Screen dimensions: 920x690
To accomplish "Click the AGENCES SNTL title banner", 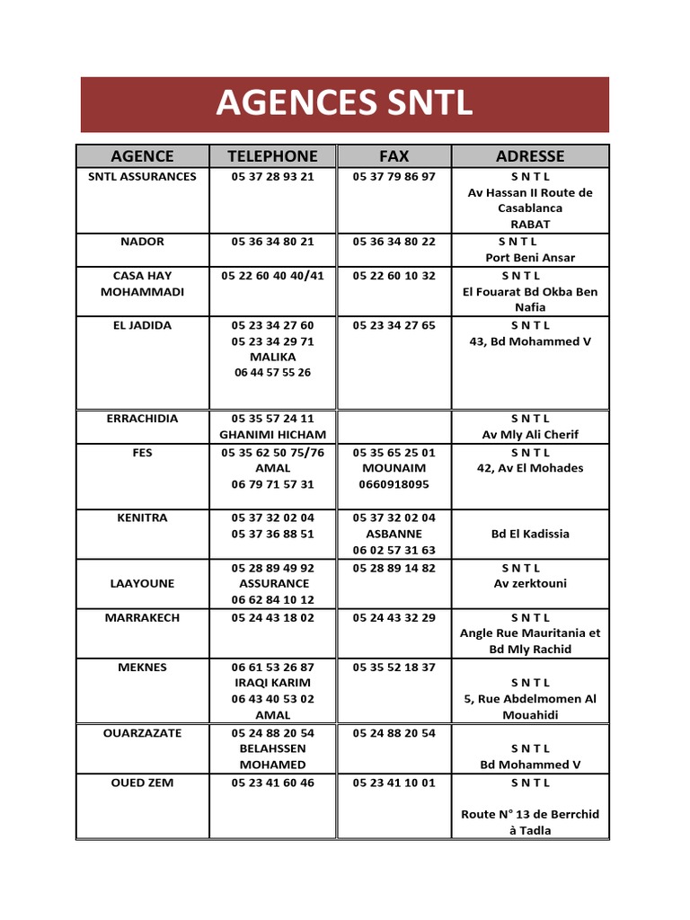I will [344, 104].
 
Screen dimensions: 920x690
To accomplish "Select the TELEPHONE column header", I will [272, 156].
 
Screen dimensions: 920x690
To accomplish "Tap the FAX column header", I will [394, 156].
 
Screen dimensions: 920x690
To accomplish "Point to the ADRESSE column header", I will [530, 156].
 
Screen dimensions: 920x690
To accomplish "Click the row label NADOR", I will [142, 242].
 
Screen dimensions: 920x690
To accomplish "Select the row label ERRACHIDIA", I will [142, 419].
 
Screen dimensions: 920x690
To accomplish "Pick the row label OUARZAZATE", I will [142, 733].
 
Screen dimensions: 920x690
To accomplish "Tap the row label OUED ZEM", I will [142, 783].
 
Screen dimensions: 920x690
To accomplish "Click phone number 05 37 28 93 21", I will [272, 177].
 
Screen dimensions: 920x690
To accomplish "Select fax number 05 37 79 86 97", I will [394, 177].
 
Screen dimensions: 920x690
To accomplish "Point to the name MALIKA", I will [272, 357].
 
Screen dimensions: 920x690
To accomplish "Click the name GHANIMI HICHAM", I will [272, 435].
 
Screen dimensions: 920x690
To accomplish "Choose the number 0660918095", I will [394, 484].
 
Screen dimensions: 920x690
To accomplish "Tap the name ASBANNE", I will [394, 534].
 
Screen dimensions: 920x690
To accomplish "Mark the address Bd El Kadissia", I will [530, 534].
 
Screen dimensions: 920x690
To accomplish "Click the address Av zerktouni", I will [530, 584].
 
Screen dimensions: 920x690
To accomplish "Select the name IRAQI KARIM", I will [272, 683].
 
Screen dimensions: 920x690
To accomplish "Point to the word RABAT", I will [530, 225].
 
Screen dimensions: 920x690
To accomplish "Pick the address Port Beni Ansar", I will [530, 258].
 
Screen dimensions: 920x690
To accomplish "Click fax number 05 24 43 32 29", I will [394, 618].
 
